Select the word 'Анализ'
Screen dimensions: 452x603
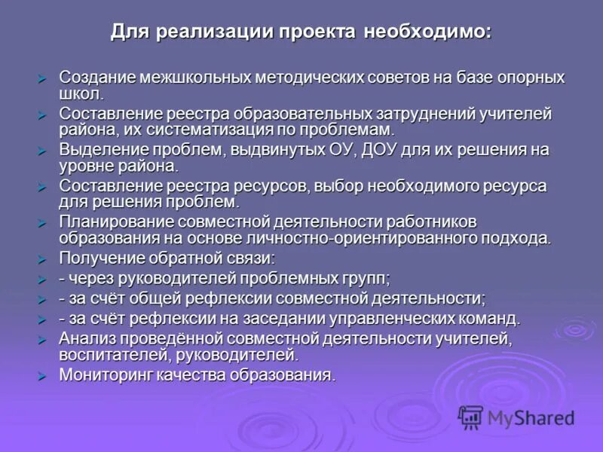click(84, 338)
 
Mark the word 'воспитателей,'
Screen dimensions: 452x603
click(107, 355)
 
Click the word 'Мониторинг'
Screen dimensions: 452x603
click(105, 374)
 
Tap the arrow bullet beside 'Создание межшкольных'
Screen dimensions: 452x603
click(43, 78)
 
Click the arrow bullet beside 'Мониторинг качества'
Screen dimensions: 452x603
click(43, 375)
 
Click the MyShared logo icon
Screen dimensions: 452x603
click(470, 417)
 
